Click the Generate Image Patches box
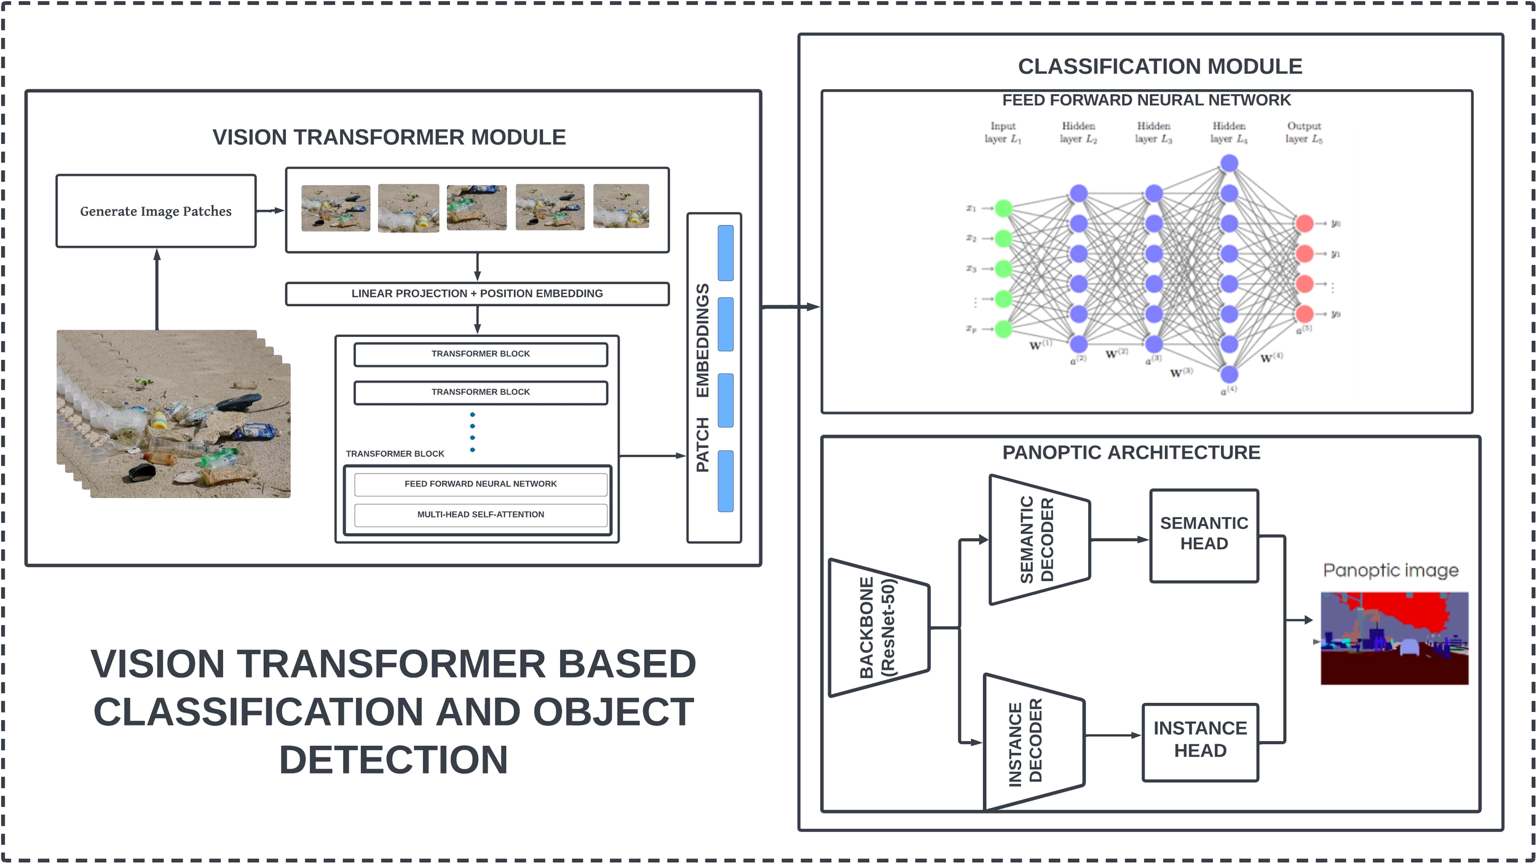pyautogui.click(x=156, y=211)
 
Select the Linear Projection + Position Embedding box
pyautogui.click(x=477, y=294)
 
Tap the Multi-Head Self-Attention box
pyautogui.click(x=481, y=515)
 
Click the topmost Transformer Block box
pyautogui.click(x=481, y=354)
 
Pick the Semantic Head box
pyautogui.click(x=1204, y=535)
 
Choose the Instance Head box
pyautogui.click(x=1200, y=742)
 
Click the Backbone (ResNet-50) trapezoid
pyautogui.click(x=878, y=628)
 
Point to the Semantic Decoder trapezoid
pyautogui.click(x=1038, y=540)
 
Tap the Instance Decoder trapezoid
pyautogui.click(x=1033, y=742)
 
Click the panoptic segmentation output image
pyautogui.click(x=1394, y=638)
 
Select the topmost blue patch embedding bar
pyautogui.click(x=725, y=253)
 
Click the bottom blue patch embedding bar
pyautogui.click(x=725, y=481)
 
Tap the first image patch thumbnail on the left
pyautogui.click(x=336, y=208)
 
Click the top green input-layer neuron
pyautogui.click(x=1003, y=208)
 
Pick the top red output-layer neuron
pyautogui.click(x=1304, y=223)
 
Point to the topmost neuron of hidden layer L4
pyautogui.click(x=1229, y=164)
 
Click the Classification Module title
pyautogui.click(x=1160, y=66)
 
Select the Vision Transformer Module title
pyautogui.click(x=389, y=137)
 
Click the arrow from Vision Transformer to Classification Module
pyautogui.click(x=790, y=307)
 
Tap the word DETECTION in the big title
pyautogui.click(x=393, y=760)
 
